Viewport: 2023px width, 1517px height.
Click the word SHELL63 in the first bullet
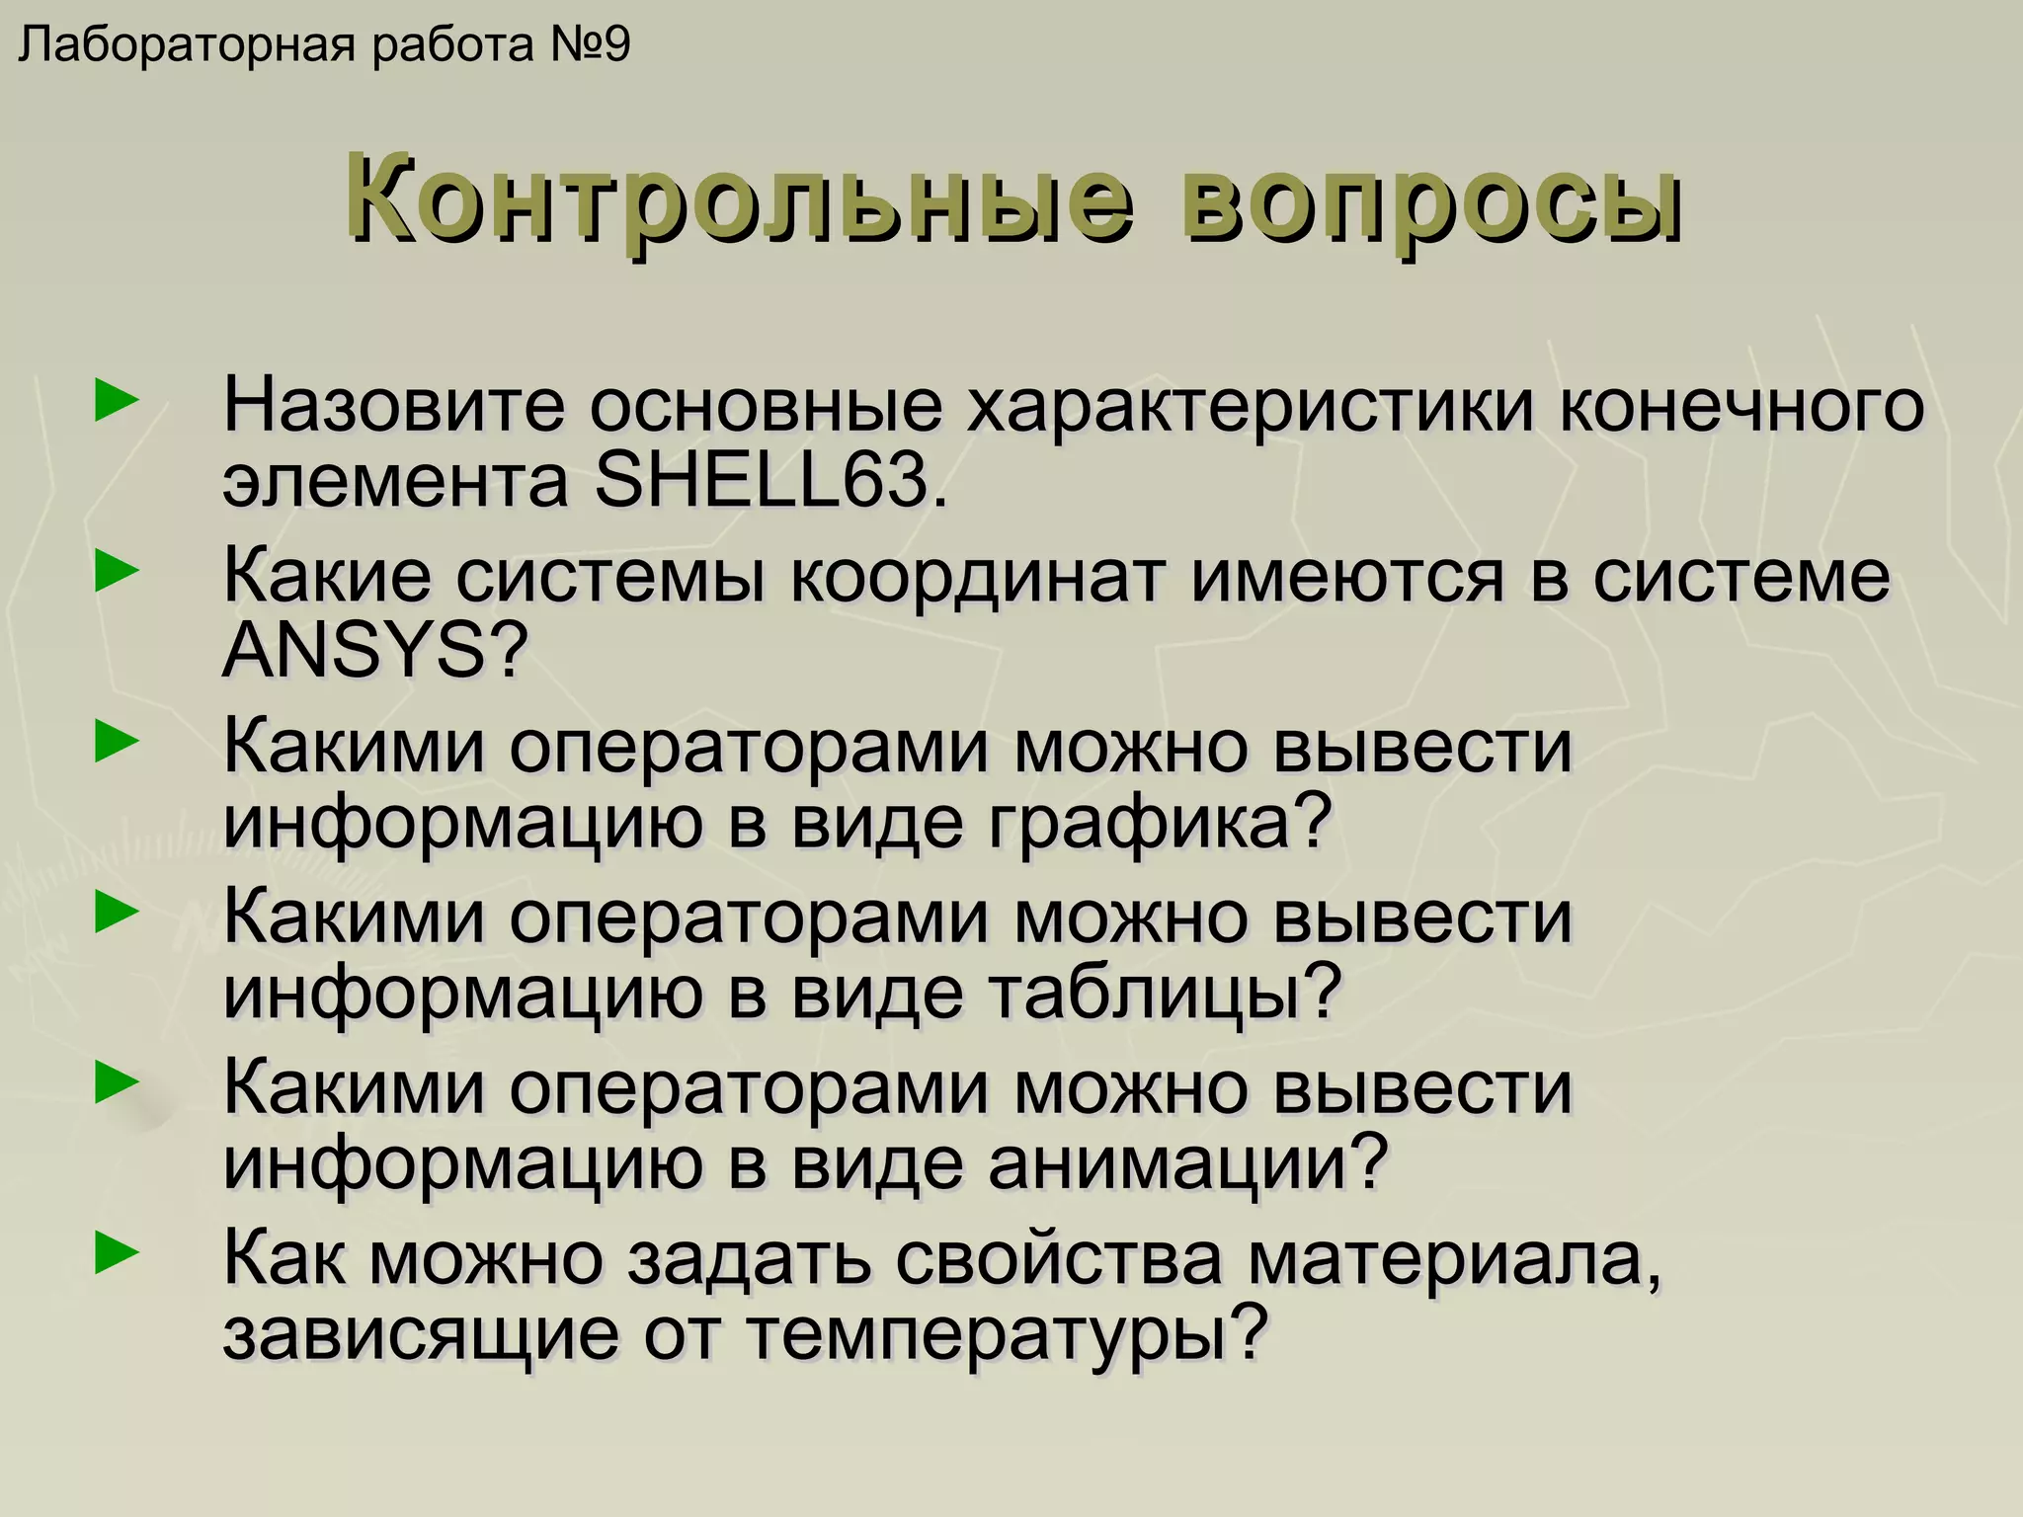[761, 481]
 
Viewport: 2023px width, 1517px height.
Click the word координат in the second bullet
[977, 576]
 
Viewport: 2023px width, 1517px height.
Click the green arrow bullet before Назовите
[116, 403]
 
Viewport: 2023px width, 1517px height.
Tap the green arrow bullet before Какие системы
[116, 573]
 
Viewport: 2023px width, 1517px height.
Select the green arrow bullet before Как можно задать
[116, 1255]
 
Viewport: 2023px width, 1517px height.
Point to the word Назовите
[394, 406]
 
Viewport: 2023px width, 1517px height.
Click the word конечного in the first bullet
[1741, 406]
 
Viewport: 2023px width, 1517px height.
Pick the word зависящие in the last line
[421, 1334]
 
